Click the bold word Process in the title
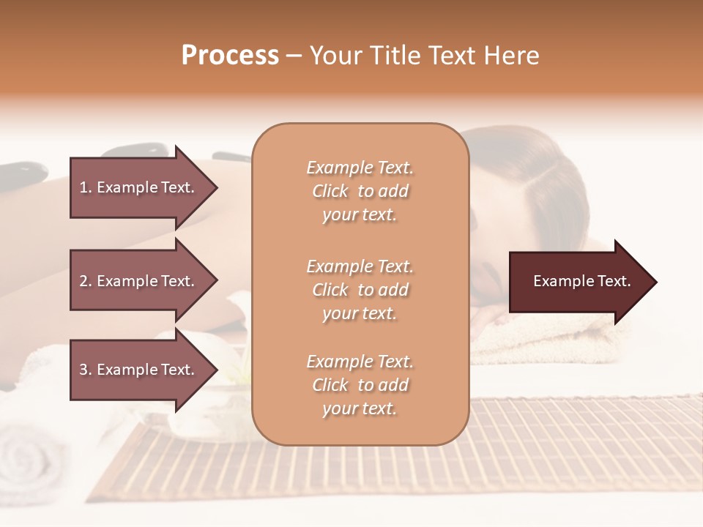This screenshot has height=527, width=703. pos(230,56)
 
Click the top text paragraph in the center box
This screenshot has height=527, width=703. pos(360,191)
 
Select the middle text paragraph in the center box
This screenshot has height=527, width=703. pos(360,290)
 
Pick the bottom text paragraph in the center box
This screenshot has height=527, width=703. pos(360,385)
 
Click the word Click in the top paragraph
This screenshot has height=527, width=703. pos(330,191)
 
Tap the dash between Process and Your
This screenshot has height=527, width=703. pos(294,56)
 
